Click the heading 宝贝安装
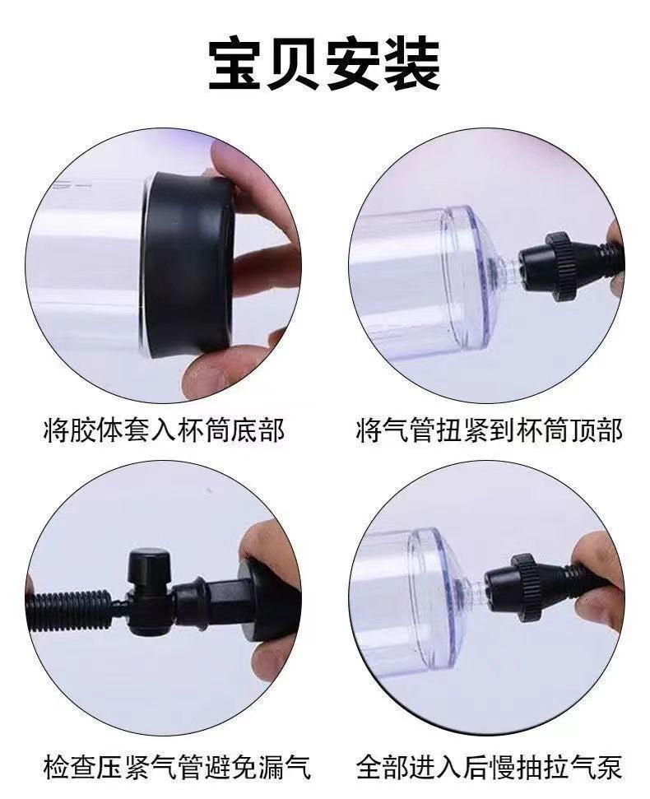click(x=324, y=64)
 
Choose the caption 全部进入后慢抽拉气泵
click(x=489, y=768)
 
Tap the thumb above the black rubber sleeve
click(x=247, y=165)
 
